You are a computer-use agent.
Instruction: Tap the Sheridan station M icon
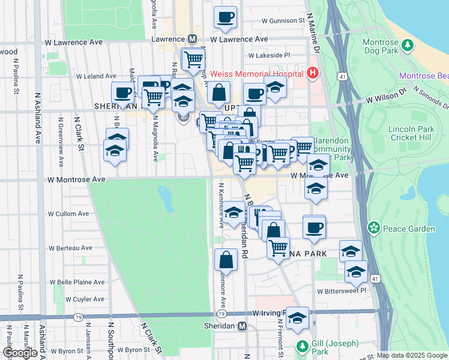243,326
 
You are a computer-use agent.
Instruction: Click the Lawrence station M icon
193,38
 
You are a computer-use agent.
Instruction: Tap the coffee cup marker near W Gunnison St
226,17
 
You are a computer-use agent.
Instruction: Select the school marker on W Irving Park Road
297,319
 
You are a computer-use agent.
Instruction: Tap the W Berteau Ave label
70,248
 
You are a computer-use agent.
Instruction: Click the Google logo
20,353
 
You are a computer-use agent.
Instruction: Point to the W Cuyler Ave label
85,299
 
